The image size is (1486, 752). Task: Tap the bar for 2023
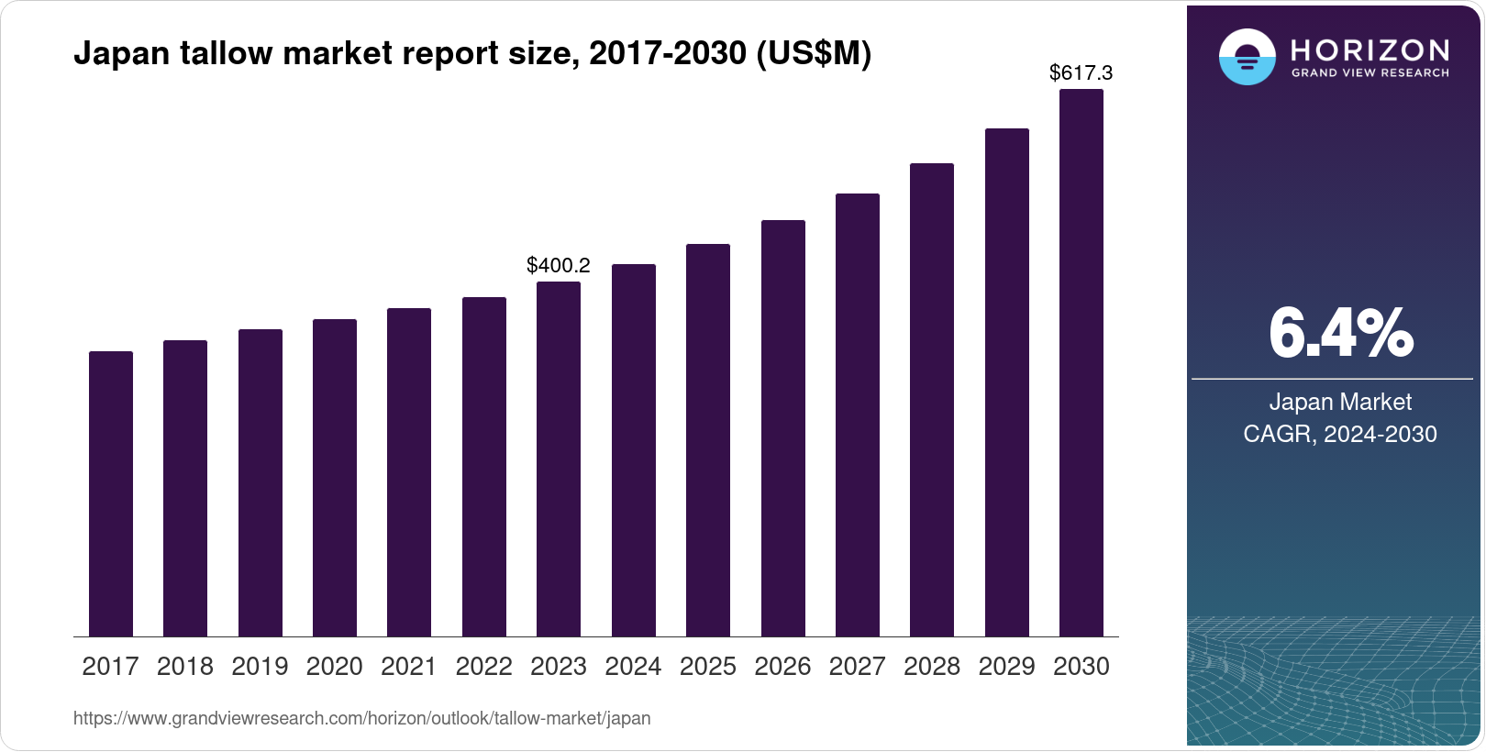click(x=559, y=459)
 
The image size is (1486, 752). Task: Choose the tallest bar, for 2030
click(x=1081, y=362)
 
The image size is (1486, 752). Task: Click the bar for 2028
click(x=932, y=400)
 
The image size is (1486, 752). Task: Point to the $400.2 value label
click(x=558, y=266)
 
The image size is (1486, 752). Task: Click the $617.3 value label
click(x=1081, y=72)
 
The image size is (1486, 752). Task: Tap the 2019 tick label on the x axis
click(x=260, y=667)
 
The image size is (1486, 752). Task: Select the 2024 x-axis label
click(x=633, y=667)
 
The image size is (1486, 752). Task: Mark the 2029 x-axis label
click(x=1006, y=667)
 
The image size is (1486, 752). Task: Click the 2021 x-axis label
click(x=409, y=667)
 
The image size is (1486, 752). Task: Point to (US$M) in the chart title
click(x=813, y=53)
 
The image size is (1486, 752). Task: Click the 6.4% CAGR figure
click(x=1340, y=333)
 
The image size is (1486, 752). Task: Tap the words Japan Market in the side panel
click(x=1340, y=402)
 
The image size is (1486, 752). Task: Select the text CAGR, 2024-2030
click(x=1340, y=434)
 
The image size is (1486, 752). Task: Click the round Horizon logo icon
click(x=1247, y=57)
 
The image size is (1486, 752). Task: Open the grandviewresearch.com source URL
click(x=361, y=718)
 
